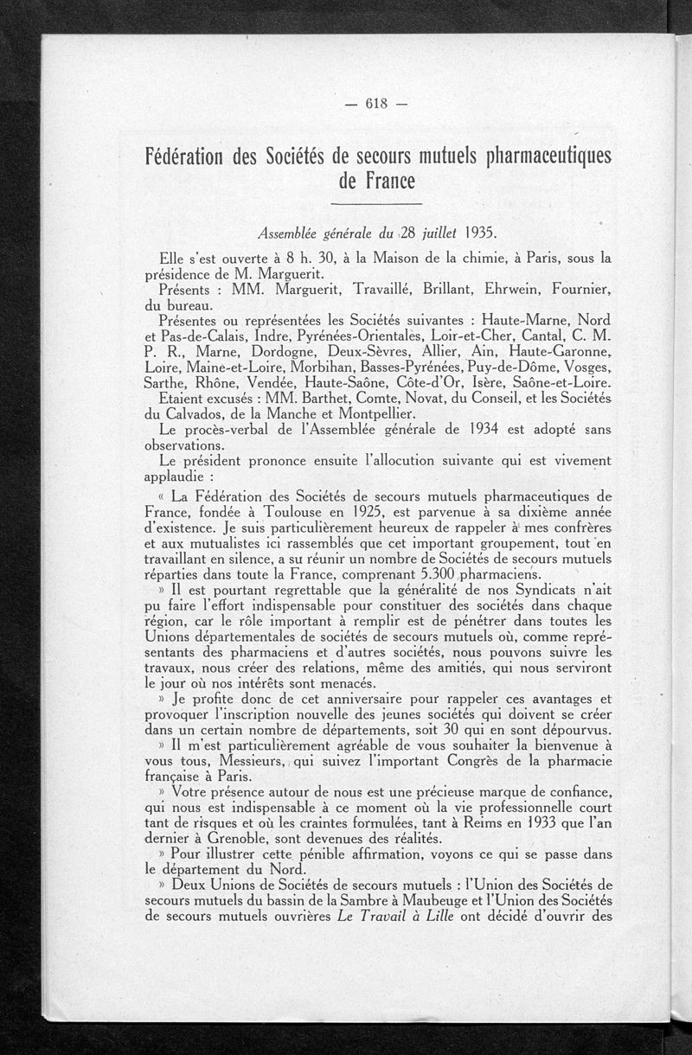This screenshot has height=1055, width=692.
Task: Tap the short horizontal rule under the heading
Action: tap(376, 204)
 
